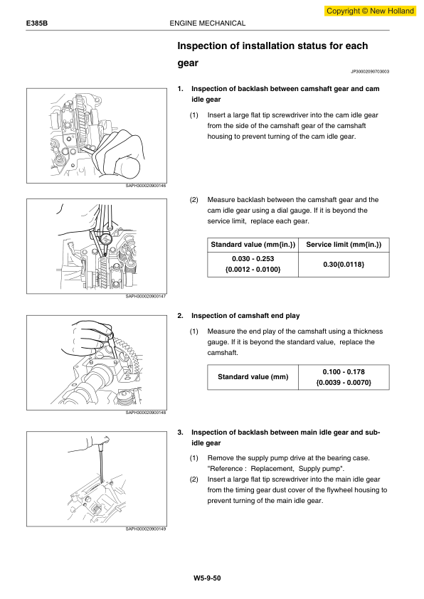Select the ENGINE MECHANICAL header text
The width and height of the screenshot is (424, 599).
208,23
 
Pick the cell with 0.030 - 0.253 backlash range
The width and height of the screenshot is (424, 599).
253,265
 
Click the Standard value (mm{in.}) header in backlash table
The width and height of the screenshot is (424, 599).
253,245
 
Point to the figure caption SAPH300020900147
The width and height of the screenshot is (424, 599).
146,297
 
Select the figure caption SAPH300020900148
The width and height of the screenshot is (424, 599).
146,413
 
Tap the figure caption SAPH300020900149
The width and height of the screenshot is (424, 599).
146,529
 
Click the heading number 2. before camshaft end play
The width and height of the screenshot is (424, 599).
180,315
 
